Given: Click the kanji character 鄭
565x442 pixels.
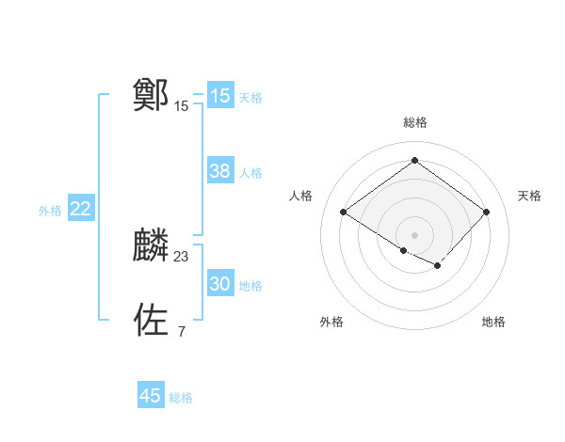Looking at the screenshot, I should point(152,95).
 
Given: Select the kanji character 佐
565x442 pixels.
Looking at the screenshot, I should point(152,320).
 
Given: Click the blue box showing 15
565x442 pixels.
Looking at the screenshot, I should point(220,96).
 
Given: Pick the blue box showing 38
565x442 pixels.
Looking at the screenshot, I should point(220,171).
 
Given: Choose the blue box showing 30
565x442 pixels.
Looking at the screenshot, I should point(220,284).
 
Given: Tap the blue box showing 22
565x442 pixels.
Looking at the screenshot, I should point(80,209).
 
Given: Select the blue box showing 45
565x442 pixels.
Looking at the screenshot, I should point(151,396).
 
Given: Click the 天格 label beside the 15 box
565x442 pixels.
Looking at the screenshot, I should point(250,97).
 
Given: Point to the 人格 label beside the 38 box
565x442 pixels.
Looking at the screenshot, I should point(250,172).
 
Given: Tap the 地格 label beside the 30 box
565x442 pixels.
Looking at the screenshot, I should point(250,285).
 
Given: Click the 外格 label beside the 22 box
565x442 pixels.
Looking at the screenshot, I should point(50,211).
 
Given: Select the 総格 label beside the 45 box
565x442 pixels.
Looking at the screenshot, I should point(181,397).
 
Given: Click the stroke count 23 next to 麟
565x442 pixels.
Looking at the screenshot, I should point(182,256).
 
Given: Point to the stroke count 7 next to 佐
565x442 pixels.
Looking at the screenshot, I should point(181,330).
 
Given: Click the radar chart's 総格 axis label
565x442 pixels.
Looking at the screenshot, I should point(414,122).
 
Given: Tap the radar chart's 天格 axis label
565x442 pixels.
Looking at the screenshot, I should point(529,196).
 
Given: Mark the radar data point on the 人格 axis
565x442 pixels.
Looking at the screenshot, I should point(344,213).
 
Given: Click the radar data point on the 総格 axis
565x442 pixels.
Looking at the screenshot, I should point(414,161).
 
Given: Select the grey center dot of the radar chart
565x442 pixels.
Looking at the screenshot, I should point(414,234).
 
